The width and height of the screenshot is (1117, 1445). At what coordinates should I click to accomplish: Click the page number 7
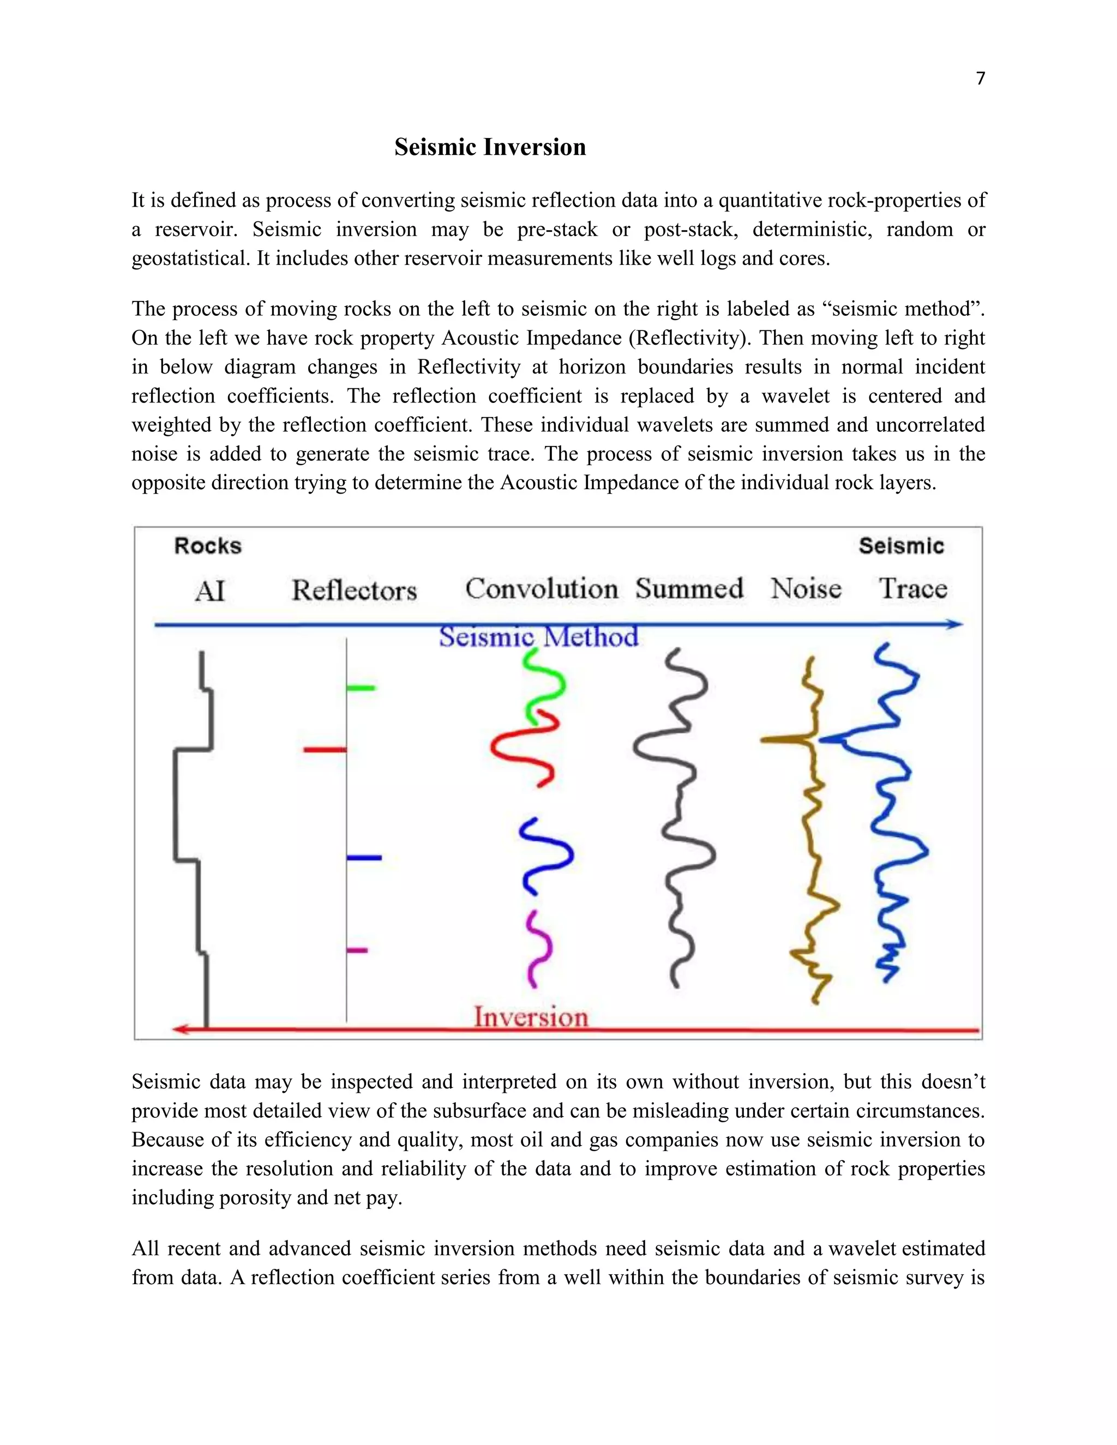980,79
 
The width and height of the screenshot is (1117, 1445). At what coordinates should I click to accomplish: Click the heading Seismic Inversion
490,147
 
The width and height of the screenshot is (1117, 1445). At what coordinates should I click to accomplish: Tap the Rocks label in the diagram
208,546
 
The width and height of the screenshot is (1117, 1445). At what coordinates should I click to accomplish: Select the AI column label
210,590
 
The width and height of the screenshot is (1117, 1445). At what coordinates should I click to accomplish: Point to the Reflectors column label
354,590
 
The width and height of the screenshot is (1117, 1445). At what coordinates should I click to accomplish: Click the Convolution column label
541,588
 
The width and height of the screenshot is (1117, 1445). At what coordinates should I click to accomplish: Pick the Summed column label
689,588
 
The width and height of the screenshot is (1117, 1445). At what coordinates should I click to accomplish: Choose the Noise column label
806,588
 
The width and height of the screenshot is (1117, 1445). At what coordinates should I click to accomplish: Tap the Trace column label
912,588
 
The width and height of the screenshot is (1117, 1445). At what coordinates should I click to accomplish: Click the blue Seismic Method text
539,637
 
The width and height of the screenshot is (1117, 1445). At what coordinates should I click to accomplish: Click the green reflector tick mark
361,688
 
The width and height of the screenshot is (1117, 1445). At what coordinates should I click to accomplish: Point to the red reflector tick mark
325,750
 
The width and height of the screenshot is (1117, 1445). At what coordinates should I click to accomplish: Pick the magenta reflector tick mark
357,950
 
